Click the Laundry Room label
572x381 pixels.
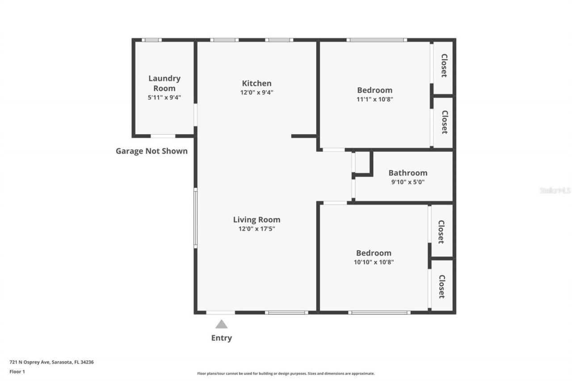[164, 83]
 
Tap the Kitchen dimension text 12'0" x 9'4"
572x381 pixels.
[257, 93]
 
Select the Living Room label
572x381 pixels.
[257, 219]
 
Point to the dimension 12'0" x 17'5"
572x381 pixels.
[257, 229]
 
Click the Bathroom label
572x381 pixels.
[408, 173]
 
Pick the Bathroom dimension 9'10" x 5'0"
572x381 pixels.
[408, 182]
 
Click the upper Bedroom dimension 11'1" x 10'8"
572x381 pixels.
[374, 100]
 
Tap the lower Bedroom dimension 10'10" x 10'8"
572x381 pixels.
[374, 262]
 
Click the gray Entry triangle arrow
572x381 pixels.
[221, 324]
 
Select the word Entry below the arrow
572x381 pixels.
[221, 338]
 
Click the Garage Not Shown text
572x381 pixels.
[151, 151]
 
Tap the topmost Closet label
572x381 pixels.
[444, 66]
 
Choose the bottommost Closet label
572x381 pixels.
[442, 286]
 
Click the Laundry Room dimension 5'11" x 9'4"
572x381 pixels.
[164, 97]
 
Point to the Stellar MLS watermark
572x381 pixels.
[555, 190]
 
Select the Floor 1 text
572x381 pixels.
[17, 371]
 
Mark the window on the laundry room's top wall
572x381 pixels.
[152, 40]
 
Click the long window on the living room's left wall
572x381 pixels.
[195, 218]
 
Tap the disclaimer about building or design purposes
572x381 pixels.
[286, 373]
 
